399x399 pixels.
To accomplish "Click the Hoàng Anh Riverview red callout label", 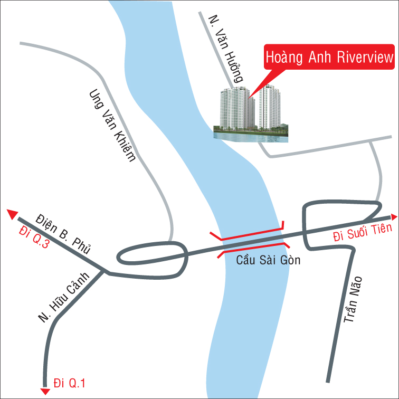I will pyautogui.click(x=329, y=58).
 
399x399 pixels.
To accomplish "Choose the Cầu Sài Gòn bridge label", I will pyautogui.click(x=261, y=260).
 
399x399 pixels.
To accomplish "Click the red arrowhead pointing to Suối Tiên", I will pyautogui.click(x=394, y=216).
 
